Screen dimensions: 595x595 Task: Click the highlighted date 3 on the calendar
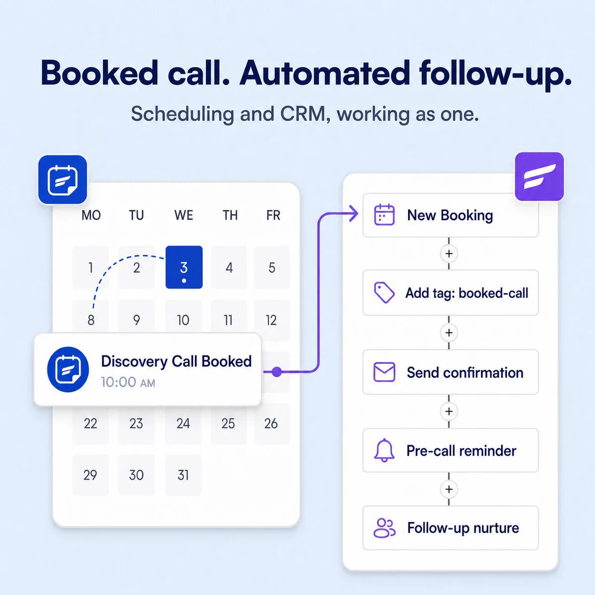pos(184,267)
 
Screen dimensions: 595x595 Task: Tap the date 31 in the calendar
pos(183,475)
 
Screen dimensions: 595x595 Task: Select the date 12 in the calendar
pos(271,320)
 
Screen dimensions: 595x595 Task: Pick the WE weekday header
pos(184,215)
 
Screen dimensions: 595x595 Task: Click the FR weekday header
pos(273,215)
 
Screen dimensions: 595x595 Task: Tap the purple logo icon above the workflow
pos(539,177)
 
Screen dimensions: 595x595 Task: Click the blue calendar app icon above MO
pos(62,179)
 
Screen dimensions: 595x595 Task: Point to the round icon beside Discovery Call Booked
pos(68,369)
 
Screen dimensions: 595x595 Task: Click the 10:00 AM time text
pos(128,382)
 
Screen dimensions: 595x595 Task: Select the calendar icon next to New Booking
pos(384,215)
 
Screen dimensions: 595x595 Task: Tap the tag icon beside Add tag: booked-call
pos(384,293)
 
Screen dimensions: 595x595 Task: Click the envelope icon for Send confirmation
pos(384,372)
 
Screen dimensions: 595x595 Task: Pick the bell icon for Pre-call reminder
pos(384,451)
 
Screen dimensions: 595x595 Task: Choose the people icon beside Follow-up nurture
pos(384,528)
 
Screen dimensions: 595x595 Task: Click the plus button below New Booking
pos(449,253)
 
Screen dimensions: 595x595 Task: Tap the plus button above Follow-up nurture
pos(449,489)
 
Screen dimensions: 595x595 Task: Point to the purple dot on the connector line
pos(277,372)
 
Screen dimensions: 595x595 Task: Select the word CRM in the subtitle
pos(302,114)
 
